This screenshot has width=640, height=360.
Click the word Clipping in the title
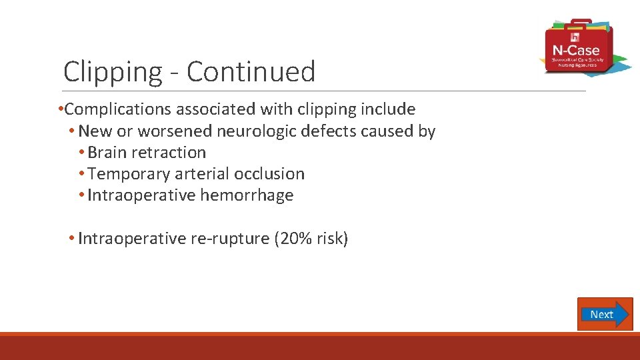point(113,72)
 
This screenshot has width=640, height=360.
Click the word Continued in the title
point(251,71)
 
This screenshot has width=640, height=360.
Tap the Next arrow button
point(604,314)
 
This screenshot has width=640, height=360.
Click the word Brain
point(107,153)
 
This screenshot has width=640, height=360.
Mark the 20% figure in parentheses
point(295,239)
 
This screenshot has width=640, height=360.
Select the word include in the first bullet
point(389,109)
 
